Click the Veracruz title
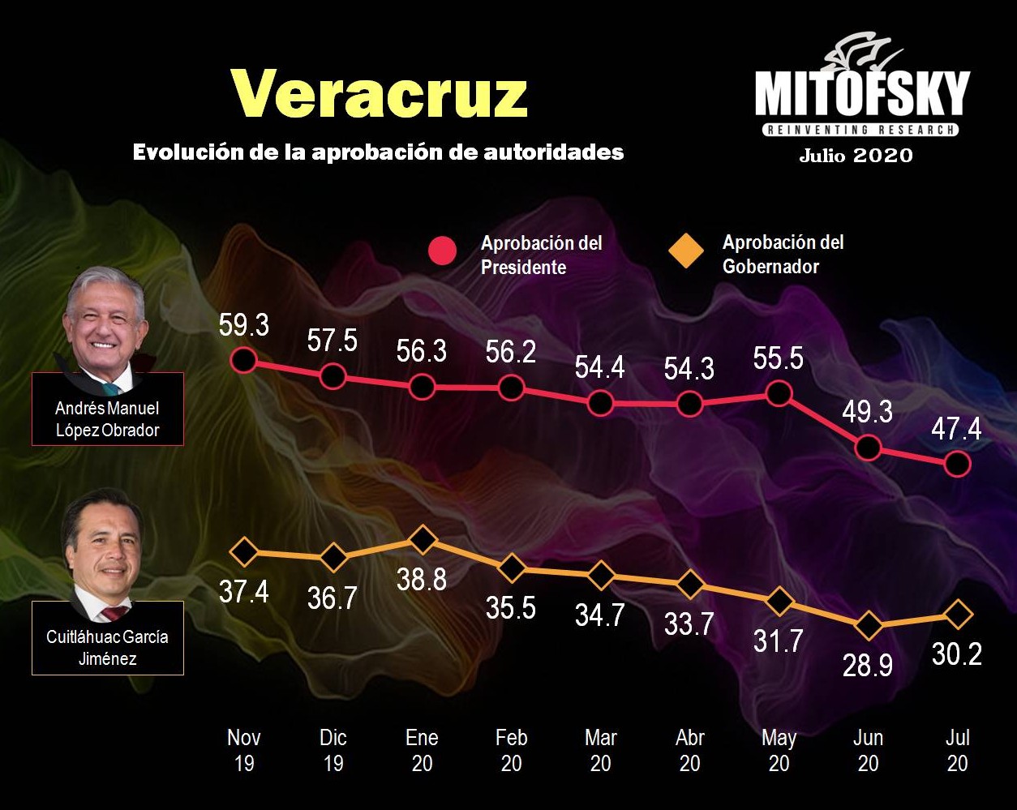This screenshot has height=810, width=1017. [380, 93]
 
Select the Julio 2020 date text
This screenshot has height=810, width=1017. [856, 155]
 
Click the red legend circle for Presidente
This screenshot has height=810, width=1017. [444, 251]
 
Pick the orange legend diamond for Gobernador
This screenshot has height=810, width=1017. [685, 251]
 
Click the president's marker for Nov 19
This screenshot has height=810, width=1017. [243, 359]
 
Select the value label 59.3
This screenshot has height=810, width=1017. [243, 325]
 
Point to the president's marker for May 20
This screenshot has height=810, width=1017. [779, 394]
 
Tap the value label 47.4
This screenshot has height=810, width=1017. [956, 428]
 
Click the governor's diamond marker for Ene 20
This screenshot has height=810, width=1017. [422, 538]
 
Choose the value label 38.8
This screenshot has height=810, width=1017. [422, 579]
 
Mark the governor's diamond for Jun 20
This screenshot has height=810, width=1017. [868, 625]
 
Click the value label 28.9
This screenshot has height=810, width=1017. [868, 665]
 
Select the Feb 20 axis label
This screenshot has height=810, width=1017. [511, 750]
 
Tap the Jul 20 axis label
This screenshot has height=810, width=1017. [957, 750]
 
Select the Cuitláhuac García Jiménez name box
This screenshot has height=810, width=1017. [107, 647]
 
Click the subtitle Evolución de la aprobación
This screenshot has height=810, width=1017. [378, 152]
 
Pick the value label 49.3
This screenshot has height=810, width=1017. [867, 412]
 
